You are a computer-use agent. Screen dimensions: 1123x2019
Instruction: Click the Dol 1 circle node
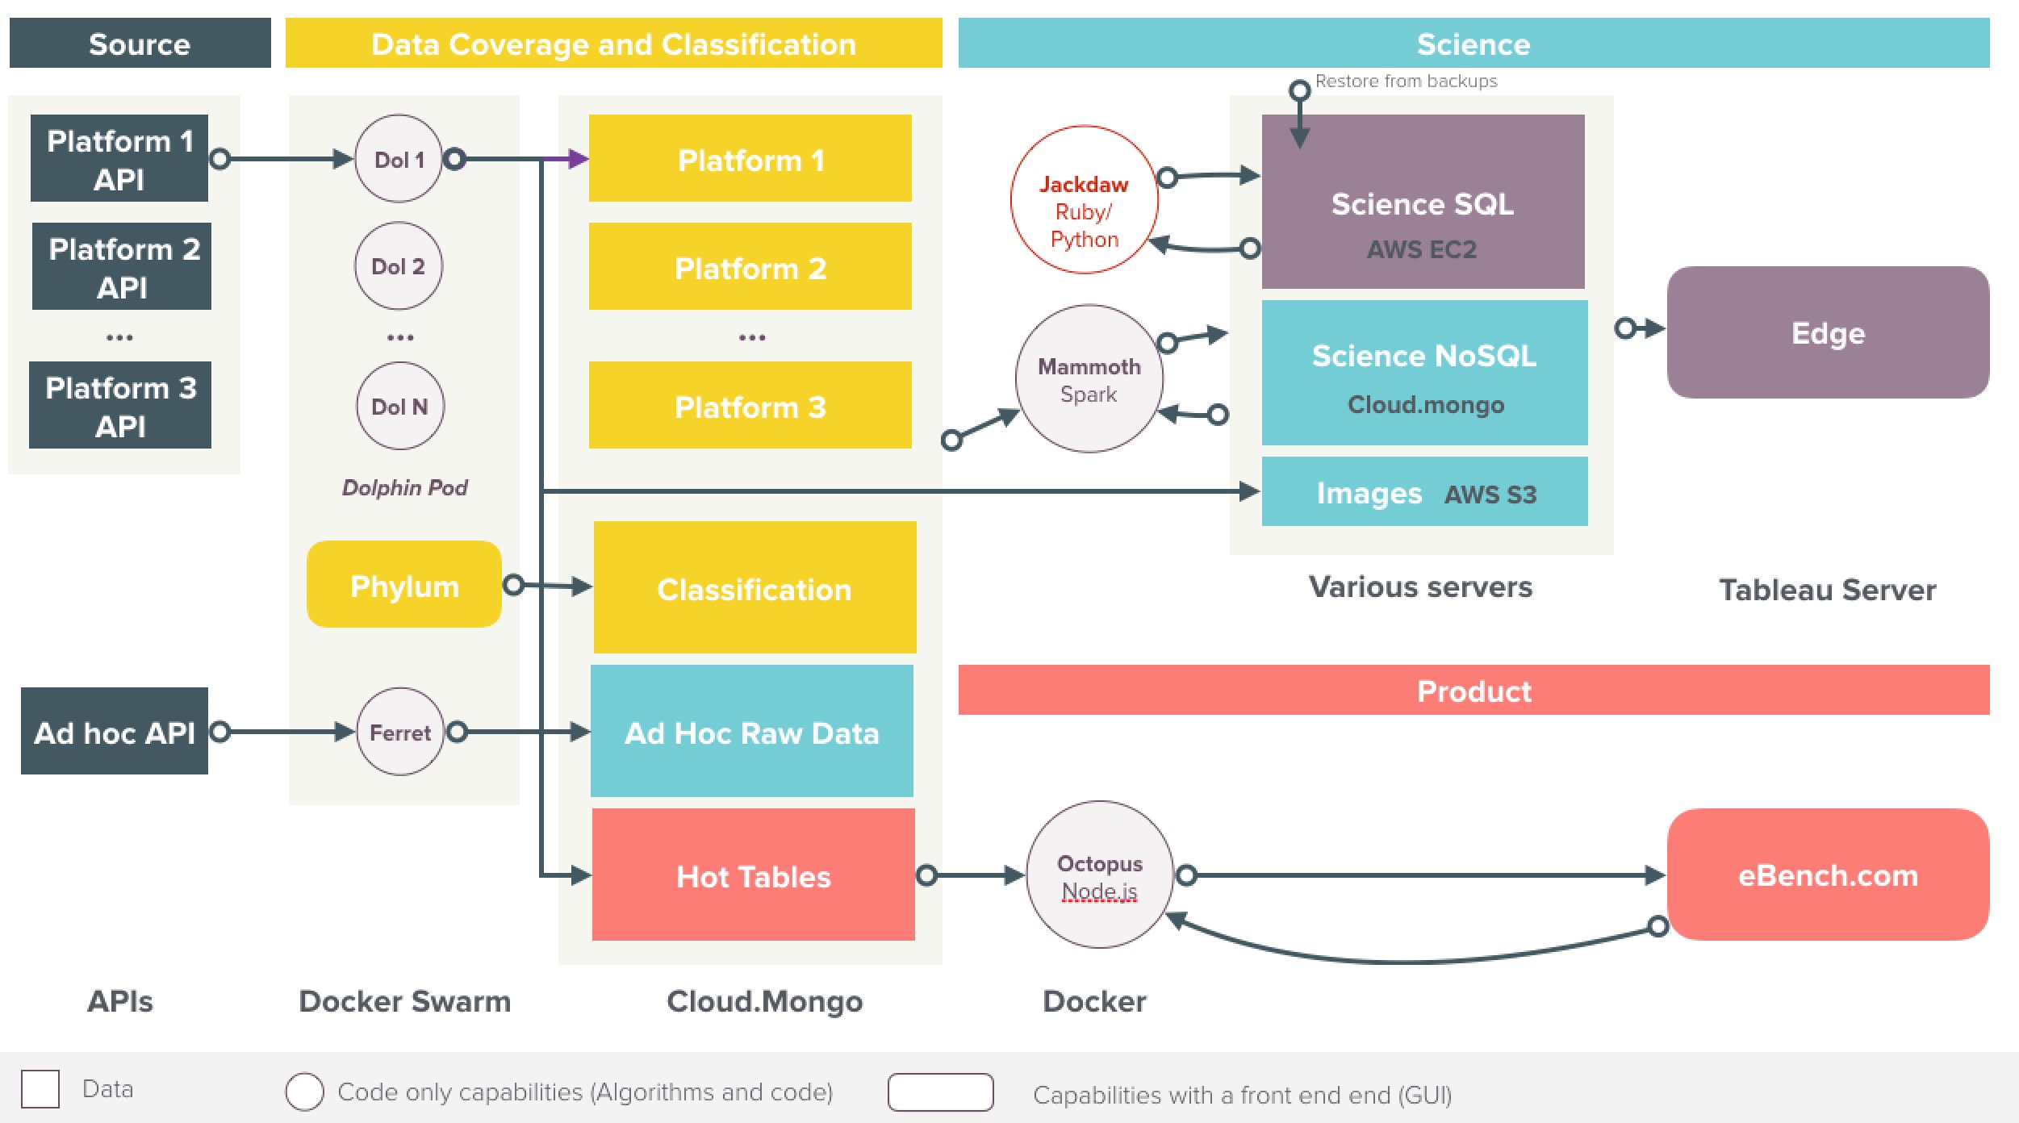(399, 159)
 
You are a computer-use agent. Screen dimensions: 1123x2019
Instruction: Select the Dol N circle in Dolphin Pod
(400, 406)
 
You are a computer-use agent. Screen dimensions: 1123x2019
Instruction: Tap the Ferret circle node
(400, 732)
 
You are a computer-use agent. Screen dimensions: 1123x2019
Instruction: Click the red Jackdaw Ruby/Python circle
(1084, 200)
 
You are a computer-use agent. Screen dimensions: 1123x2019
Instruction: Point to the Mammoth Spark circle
(1089, 378)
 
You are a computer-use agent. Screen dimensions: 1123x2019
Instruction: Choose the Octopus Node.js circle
(1099, 875)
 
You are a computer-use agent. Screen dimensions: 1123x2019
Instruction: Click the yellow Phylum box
(404, 585)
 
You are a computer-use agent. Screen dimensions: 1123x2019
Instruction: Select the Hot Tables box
(753, 875)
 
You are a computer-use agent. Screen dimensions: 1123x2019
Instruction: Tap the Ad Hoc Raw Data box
(751, 732)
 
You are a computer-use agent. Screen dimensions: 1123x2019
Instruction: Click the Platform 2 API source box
(122, 267)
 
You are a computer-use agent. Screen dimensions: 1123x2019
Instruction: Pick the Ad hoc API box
(115, 732)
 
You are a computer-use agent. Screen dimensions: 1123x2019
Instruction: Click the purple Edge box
(1828, 332)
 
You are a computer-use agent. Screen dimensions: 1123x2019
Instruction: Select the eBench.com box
(1828, 875)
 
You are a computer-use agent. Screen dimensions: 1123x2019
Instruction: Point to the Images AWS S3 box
(1424, 492)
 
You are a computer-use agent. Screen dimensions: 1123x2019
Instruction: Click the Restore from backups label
(1406, 81)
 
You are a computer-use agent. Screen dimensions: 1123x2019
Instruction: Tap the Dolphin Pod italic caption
(404, 487)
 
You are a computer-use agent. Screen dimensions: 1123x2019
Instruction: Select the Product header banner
(1473, 691)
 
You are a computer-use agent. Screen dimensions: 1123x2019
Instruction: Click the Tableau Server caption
(1827, 590)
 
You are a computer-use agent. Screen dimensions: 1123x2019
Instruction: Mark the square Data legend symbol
(40, 1089)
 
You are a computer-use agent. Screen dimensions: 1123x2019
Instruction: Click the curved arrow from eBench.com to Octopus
(1412, 960)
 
